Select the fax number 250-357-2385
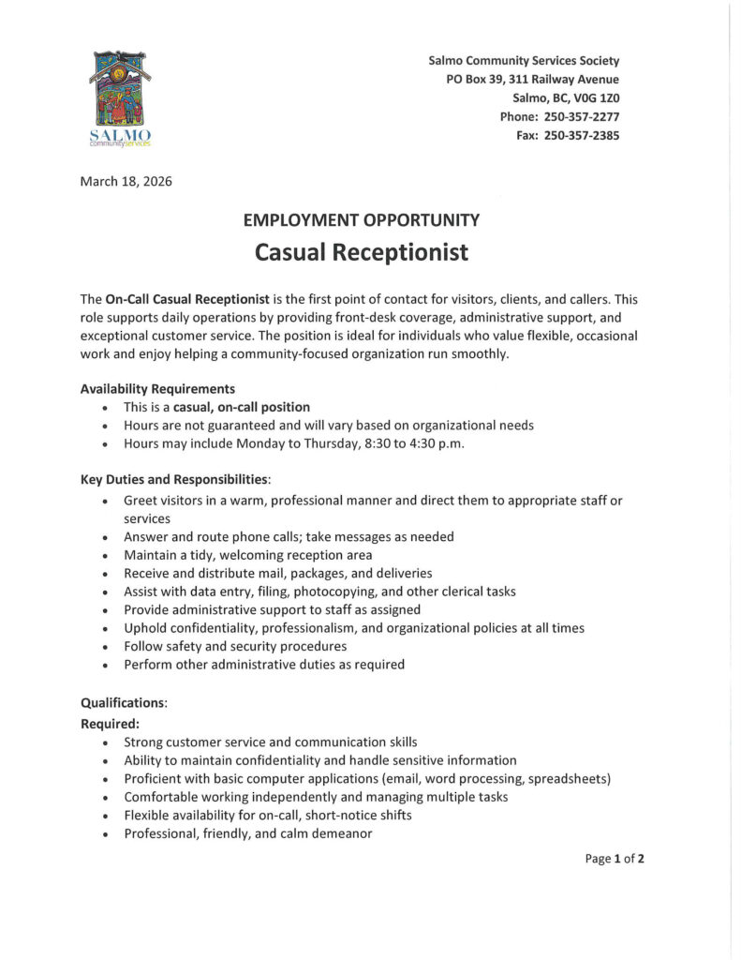tap(581, 135)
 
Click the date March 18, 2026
tap(126, 181)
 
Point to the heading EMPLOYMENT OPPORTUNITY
tap(361, 220)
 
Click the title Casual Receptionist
tap(361, 253)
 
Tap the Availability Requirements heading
tap(157, 388)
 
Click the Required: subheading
tap(111, 723)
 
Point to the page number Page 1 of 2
tap(615, 858)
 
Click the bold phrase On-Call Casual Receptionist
tap(187, 299)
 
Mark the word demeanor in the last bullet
tap(340, 832)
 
